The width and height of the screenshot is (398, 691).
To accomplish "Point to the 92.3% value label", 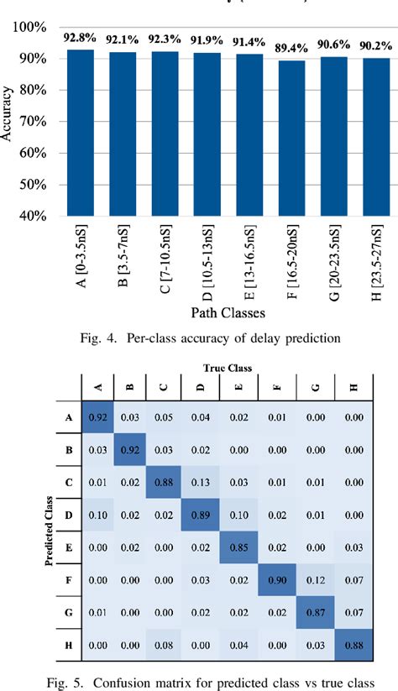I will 164,38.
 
